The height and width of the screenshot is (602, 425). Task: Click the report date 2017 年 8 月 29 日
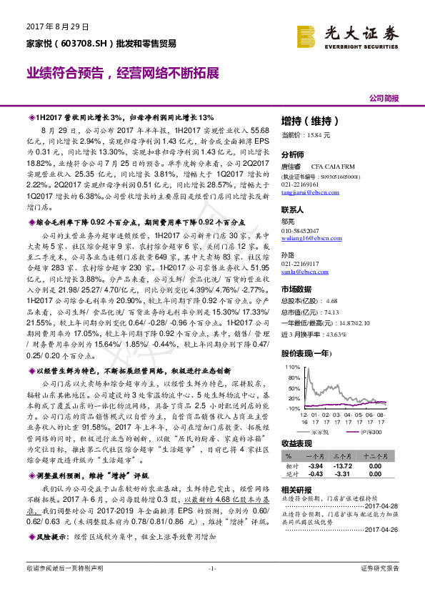click(x=57, y=26)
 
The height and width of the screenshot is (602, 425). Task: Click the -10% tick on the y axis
click(x=293, y=408)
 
